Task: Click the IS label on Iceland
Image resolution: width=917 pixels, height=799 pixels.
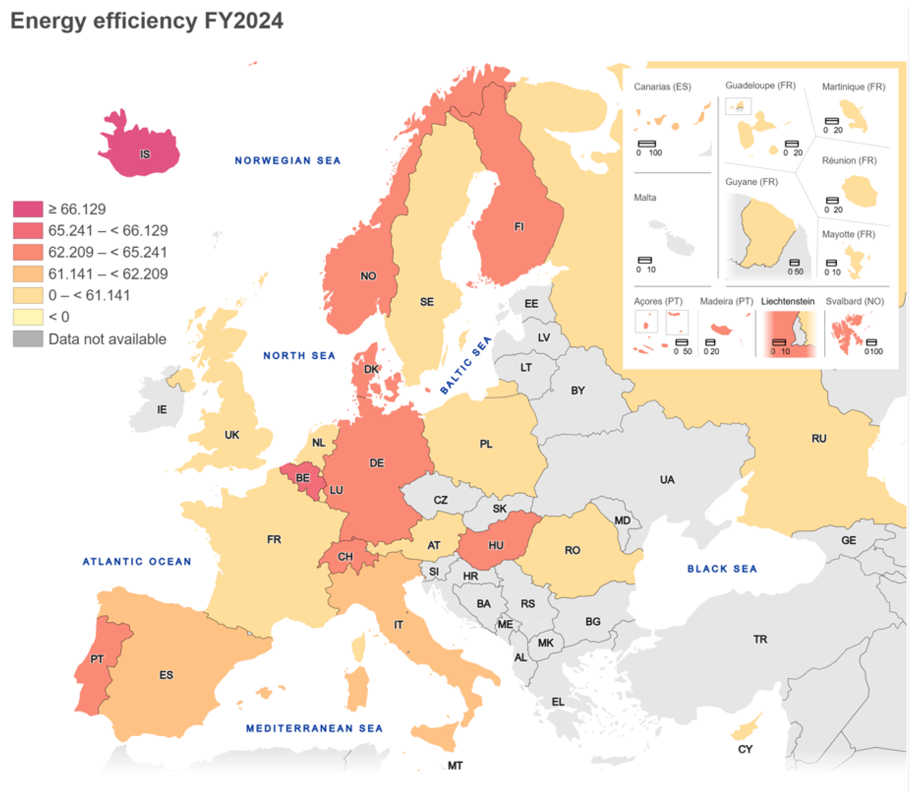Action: coord(145,154)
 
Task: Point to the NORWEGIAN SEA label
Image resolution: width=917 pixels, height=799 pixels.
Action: coord(288,161)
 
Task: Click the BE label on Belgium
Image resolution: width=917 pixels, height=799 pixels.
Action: coord(303,478)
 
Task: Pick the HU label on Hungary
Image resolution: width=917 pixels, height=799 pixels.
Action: coord(496,545)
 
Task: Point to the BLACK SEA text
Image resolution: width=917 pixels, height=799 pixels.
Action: coord(722,569)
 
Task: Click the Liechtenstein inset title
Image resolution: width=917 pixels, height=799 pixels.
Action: coord(788,301)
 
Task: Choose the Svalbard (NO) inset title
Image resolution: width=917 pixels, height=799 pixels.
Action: coord(855,301)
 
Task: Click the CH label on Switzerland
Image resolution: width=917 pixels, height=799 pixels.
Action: coord(345,557)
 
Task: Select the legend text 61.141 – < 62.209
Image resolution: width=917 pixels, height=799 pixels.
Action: coord(108,274)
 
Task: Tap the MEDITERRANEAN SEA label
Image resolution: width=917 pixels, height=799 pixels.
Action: coord(314,729)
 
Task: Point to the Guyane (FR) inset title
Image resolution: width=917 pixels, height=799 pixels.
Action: coord(752,182)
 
